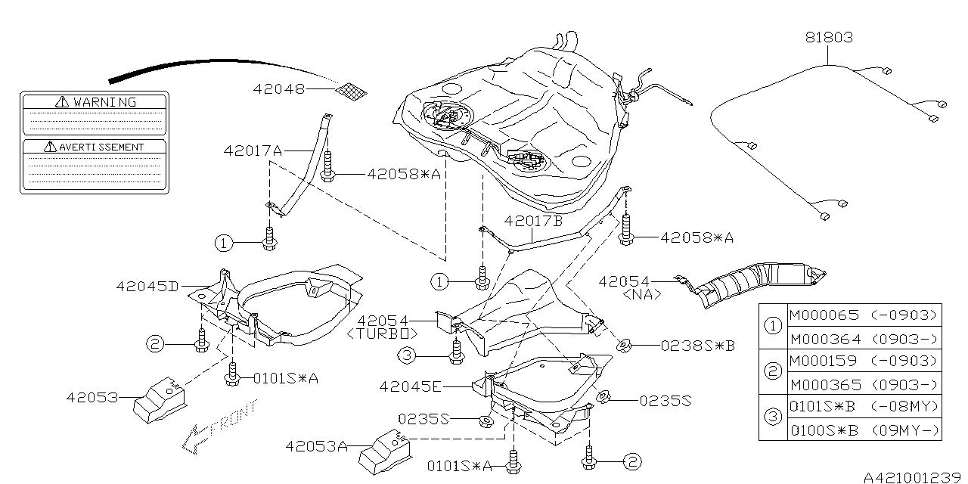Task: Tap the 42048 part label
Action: [x=279, y=89]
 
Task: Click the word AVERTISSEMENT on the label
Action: [x=101, y=146]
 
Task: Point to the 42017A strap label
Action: [x=252, y=150]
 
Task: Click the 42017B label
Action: [x=533, y=222]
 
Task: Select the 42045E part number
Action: [x=411, y=386]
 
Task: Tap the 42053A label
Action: [x=316, y=446]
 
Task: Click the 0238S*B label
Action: [x=697, y=346]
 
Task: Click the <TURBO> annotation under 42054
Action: [x=383, y=333]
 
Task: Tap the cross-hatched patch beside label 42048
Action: [x=352, y=91]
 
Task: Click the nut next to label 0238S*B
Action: [x=625, y=347]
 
